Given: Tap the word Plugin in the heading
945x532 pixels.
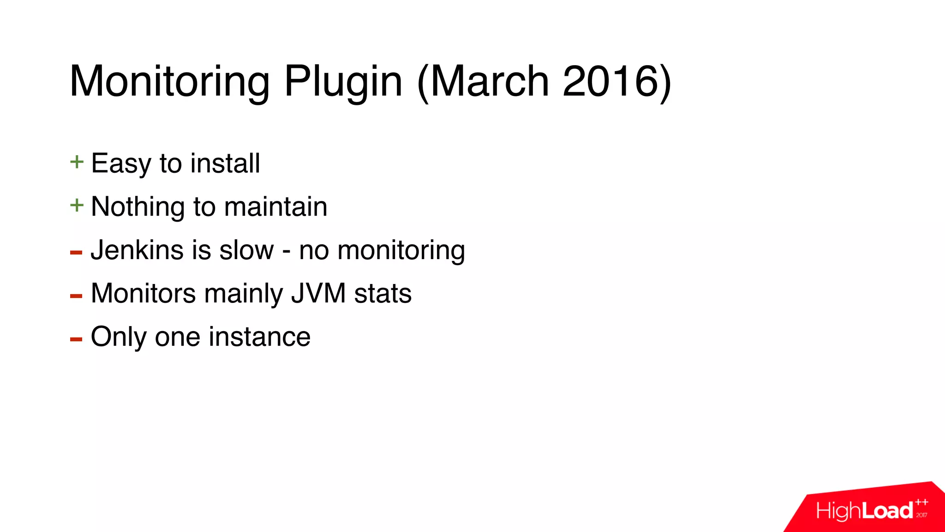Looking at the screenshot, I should (343, 81).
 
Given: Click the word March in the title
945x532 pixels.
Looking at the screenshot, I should (490, 81).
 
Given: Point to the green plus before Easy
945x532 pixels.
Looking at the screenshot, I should (77, 162).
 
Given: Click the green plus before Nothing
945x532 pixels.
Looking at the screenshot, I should (77, 206).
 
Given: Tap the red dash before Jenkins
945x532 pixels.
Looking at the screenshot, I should (76, 252).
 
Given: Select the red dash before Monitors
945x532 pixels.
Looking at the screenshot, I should (76, 296).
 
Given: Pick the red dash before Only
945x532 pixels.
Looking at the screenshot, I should (76, 339).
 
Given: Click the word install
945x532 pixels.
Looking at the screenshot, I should (225, 163).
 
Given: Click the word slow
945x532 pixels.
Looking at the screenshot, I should (246, 250).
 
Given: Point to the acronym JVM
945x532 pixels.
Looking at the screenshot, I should (318, 293).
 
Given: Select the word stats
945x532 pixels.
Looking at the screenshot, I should (383, 293).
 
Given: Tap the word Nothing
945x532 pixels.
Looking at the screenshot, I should (138, 206).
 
